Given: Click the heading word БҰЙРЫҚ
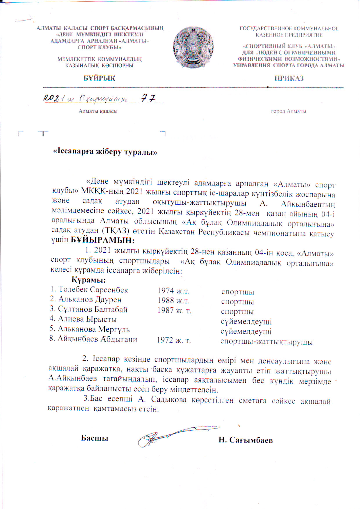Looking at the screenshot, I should point(100,78).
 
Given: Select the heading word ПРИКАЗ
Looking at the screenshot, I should point(289,78).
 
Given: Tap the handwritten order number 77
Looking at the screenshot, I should point(148,99).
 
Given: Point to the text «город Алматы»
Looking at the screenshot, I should point(288,111).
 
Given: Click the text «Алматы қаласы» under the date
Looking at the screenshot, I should point(98,111).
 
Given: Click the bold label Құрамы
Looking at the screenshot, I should point(89,281).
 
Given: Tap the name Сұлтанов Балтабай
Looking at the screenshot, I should point(93,310).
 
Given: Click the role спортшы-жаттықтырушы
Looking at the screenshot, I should point(266,342).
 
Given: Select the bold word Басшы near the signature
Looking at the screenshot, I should point(94,438).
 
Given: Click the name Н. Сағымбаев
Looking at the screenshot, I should point(246,440).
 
